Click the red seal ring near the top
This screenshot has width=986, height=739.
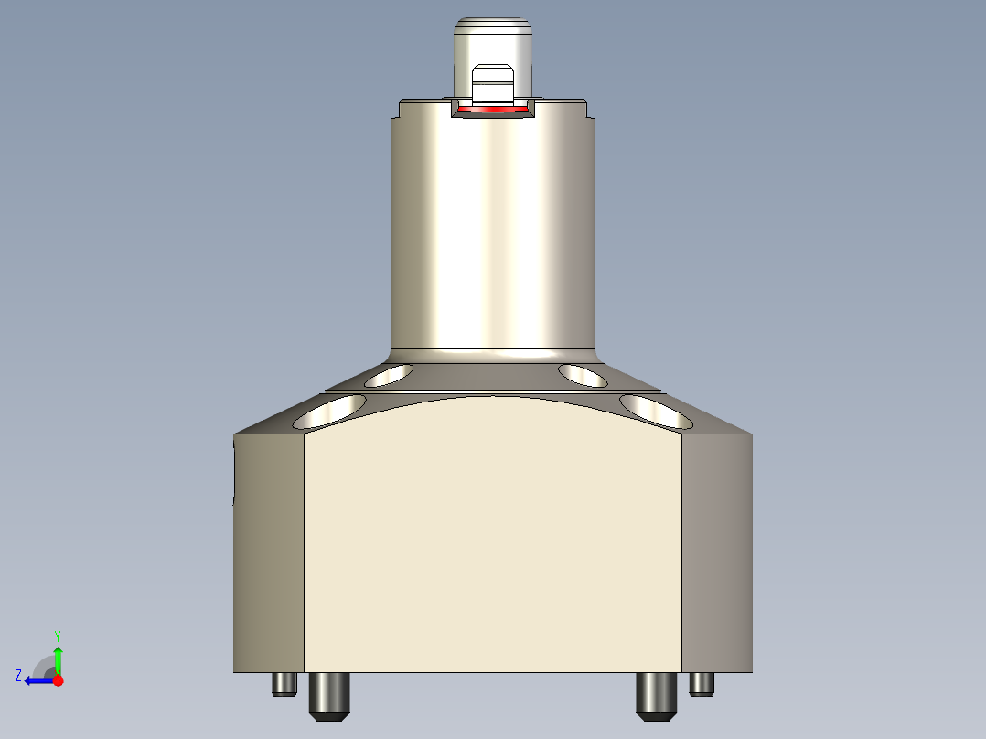coord(493,110)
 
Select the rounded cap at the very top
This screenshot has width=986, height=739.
coord(493,41)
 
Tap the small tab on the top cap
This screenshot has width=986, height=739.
coord(493,83)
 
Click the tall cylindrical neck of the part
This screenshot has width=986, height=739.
coord(493,229)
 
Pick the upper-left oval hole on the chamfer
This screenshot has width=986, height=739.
coord(388,374)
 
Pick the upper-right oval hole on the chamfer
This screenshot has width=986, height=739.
coord(584,374)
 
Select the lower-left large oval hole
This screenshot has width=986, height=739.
coord(330,412)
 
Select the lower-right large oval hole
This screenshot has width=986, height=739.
coord(656,412)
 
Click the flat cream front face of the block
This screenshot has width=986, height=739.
coord(493,549)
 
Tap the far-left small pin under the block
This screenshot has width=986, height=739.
coord(284,683)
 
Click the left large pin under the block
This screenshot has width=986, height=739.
coord(330,694)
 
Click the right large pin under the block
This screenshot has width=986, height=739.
coord(656,694)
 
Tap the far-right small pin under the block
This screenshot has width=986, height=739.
coord(702,683)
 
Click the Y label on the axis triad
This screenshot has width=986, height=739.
coord(58,635)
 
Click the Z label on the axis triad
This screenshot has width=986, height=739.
coord(18,676)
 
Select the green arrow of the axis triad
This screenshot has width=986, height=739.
coord(58,659)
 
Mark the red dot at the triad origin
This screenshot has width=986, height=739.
coord(58,680)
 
